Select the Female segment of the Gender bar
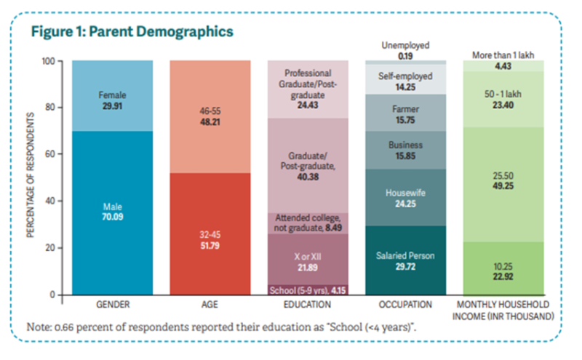[x=112, y=99]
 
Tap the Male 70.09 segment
[x=112, y=211]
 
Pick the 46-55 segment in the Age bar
[x=210, y=116]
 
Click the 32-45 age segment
[x=210, y=239]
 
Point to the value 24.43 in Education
[x=308, y=104]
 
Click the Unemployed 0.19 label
[x=405, y=49]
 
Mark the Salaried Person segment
[x=405, y=260]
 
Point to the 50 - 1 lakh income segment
[x=503, y=100]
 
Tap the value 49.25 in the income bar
[x=503, y=186]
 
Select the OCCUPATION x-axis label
[x=405, y=305]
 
